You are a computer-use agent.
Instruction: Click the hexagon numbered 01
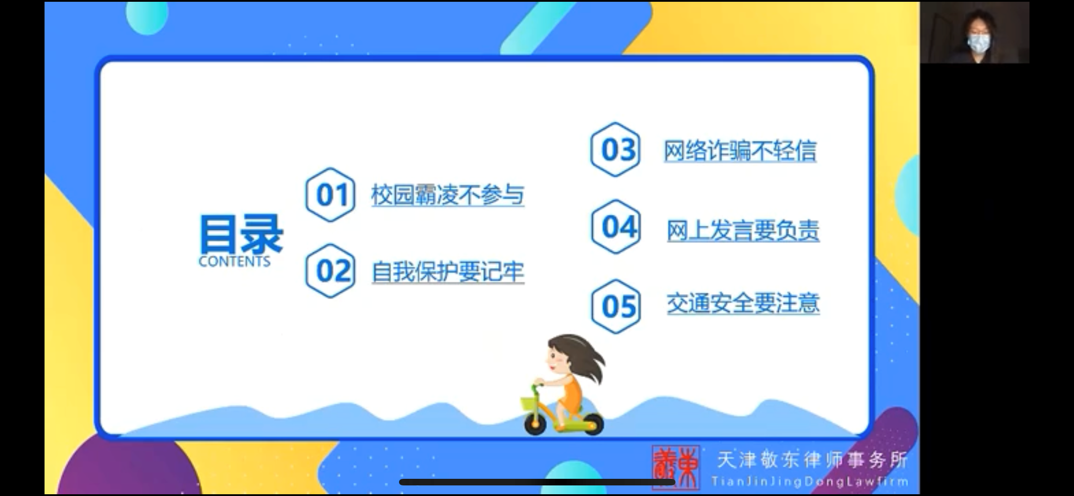(x=330, y=194)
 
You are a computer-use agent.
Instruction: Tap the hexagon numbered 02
(x=330, y=271)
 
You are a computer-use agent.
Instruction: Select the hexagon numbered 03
(x=615, y=149)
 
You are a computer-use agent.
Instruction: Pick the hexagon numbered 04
(x=616, y=227)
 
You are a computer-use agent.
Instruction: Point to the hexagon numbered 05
(x=616, y=306)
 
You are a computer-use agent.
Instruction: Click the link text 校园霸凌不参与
(x=447, y=195)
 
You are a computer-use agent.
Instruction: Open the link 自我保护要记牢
(x=448, y=272)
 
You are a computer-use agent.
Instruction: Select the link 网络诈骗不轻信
(x=740, y=151)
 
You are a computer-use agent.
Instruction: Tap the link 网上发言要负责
(x=743, y=231)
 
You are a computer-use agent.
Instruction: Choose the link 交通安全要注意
(x=743, y=303)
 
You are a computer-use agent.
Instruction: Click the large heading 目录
(x=241, y=234)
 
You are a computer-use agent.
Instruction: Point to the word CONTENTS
(x=235, y=261)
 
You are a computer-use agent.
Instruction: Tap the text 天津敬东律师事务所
(x=812, y=460)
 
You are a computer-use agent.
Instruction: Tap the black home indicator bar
(x=537, y=482)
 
